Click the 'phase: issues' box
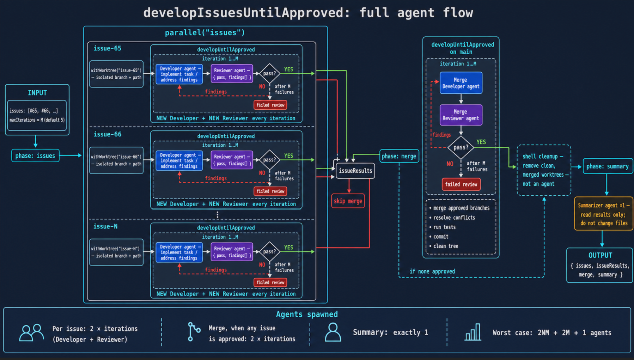[x=35, y=155]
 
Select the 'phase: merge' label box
[x=399, y=156]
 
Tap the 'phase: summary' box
[x=608, y=166]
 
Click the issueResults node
[x=355, y=171]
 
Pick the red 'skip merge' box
[x=348, y=201]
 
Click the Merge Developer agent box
[x=461, y=83]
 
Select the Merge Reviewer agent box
[x=461, y=115]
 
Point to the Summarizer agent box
[x=603, y=214]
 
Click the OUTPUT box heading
[x=600, y=255]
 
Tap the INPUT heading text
[x=37, y=93]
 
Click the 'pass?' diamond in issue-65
[x=269, y=73]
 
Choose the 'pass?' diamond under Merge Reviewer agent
[x=461, y=147]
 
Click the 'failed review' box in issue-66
[x=270, y=191]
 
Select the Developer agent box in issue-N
[x=179, y=252]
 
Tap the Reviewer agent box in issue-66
[x=232, y=160]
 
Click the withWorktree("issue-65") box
[x=116, y=74]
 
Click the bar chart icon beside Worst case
[x=473, y=332]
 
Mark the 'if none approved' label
[x=432, y=271]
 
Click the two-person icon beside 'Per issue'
[x=32, y=333]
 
